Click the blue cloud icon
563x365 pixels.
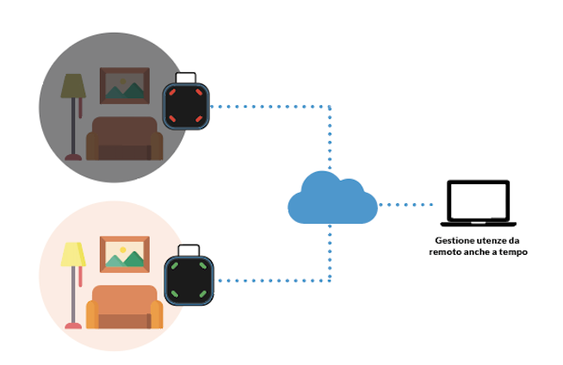tap(331, 201)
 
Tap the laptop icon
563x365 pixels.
tap(478, 204)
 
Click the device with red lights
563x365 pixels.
tap(187, 103)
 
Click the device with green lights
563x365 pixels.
tap(189, 279)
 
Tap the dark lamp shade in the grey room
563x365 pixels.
tap(73, 85)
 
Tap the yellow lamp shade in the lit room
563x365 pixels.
tap(73, 255)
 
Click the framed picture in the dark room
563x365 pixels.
tap(126, 84)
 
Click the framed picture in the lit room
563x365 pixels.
tap(125, 253)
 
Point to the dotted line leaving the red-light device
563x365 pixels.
tap(267, 107)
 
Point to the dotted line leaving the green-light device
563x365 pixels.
tap(267, 280)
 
